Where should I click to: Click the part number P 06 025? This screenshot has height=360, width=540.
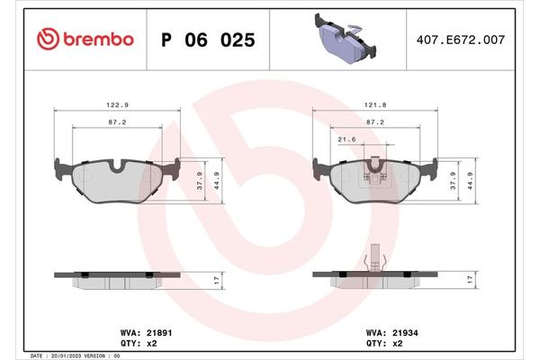click(207, 40)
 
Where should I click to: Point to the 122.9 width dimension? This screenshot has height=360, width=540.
click(118, 104)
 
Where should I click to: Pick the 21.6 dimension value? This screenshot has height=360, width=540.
click(346, 139)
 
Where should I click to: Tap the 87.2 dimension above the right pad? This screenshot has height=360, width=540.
click(377, 121)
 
